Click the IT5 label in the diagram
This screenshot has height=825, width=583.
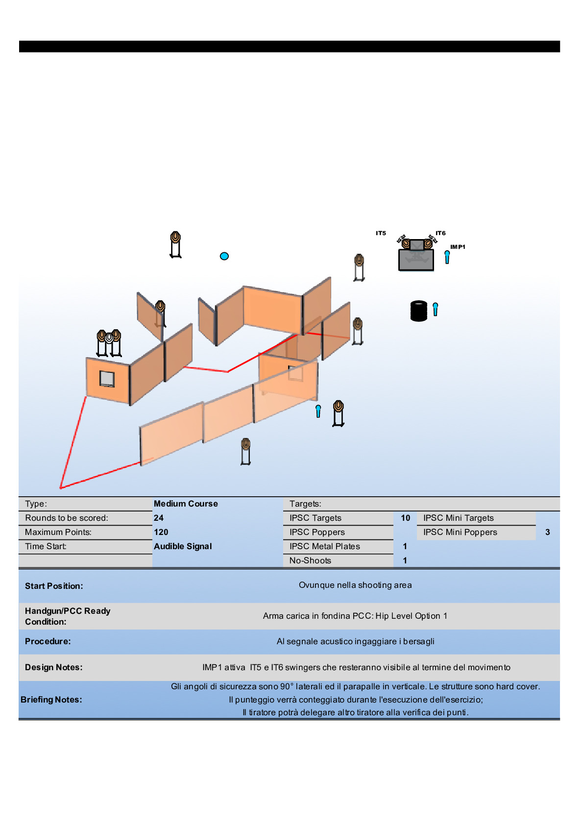[x=381, y=233]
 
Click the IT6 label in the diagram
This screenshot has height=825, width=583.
[x=440, y=233]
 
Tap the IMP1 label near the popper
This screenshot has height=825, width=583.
[x=458, y=247]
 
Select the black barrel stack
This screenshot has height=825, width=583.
[x=419, y=311]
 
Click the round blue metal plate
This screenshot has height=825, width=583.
[x=224, y=256]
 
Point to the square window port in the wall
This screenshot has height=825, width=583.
[x=107, y=379]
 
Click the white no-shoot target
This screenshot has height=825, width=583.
[x=109, y=338]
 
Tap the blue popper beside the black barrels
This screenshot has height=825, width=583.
[x=435, y=309]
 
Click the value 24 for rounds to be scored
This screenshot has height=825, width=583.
[x=159, y=518]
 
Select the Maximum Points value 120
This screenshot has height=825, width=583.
[x=161, y=532]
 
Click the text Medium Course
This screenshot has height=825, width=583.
[x=186, y=504]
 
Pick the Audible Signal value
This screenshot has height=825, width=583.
[x=183, y=546]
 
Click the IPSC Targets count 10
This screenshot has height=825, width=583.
[x=405, y=518]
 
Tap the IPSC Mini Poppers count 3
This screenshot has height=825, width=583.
[x=547, y=532]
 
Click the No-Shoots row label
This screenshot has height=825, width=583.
[x=310, y=560]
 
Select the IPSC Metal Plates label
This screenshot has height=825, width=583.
[x=324, y=546]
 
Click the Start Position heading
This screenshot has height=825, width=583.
[x=54, y=586]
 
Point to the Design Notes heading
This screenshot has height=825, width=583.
[x=54, y=667]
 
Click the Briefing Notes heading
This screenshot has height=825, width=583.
[x=51, y=700]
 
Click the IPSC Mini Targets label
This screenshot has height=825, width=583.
[x=458, y=518]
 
